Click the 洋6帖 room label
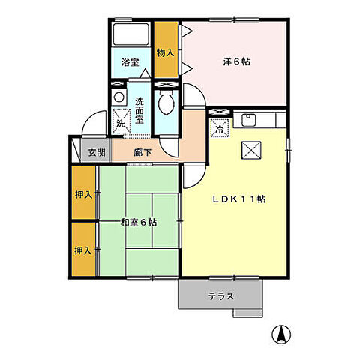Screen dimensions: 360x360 point(237,62)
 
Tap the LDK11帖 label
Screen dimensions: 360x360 point(238,199)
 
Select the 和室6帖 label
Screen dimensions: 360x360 point(138,223)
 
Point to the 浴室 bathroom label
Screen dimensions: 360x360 point(130,62)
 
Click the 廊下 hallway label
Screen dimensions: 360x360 point(143,153)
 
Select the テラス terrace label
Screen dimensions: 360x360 point(221,295)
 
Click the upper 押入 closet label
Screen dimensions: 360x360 point(83,195)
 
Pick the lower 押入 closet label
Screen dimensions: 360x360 point(83,250)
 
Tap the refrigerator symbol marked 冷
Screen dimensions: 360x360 point(220,128)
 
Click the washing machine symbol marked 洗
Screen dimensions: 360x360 point(120,120)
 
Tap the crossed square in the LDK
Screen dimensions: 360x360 point(250,148)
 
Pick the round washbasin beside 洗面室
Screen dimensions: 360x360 point(118,97)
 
